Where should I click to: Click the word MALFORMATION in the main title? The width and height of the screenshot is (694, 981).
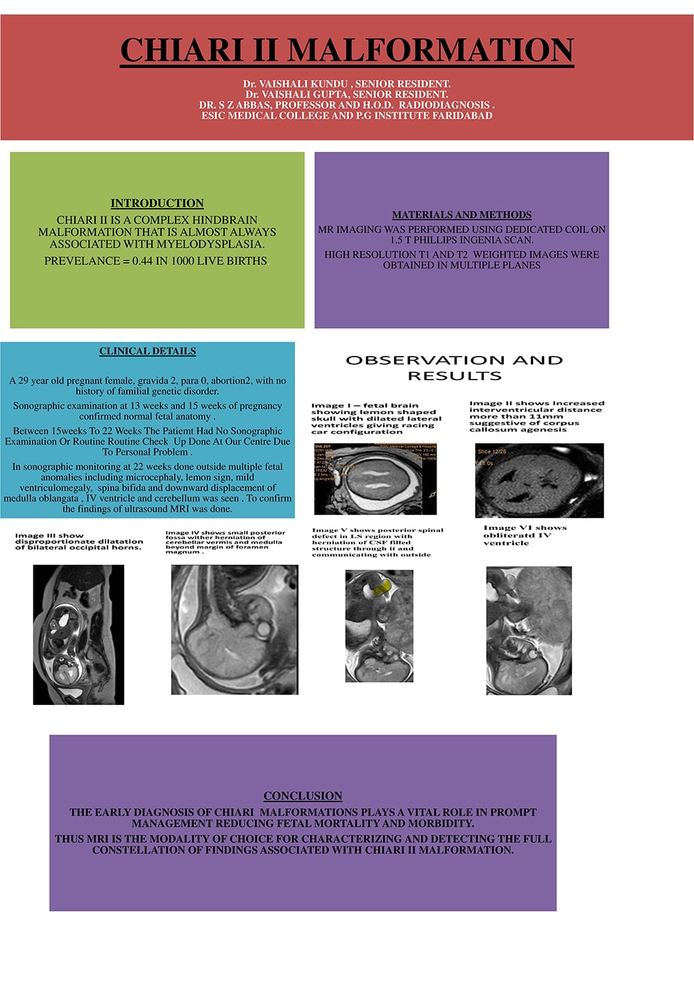[x=430, y=50]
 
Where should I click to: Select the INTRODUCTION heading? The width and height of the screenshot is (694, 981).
[x=157, y=203]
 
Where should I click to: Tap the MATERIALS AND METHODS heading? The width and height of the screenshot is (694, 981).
[x=462, y=215]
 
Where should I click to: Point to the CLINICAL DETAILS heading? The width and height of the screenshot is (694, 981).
[x=147, y=351]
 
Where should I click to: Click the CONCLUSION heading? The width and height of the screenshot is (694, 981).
[x=303, y=796]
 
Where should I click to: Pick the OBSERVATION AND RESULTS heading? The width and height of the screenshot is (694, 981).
[x=455, y=368]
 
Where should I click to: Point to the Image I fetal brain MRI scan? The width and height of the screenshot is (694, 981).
[x=375, y=479]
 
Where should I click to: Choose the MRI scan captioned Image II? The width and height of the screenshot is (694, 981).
[x=539, y=481]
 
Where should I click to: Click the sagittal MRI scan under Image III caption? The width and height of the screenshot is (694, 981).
[x=78, y=634]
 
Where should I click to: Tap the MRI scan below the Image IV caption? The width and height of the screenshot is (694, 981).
[x=235, y=629]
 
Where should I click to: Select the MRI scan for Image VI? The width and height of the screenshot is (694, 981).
[x=529, y=630]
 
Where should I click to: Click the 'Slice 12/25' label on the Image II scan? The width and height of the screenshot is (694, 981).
[x=492, y=452]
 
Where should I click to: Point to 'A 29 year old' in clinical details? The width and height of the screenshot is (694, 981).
[x=38, y=381]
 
